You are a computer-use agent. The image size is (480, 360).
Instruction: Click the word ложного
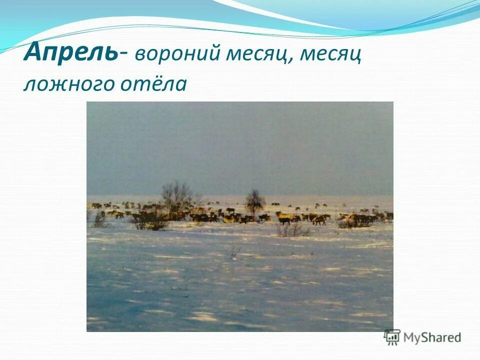coord(67,83)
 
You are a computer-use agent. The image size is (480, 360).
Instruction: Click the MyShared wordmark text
coord(432,337)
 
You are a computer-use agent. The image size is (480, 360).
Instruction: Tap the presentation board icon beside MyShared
coord(392,337)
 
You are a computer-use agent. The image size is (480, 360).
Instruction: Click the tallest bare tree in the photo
coord(176,195)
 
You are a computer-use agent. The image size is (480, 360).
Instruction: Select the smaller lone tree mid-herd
coord(255,201)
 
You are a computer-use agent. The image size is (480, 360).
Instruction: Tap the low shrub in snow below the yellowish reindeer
coord(293,229)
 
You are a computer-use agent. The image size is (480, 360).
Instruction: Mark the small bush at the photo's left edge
coord(99,220)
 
